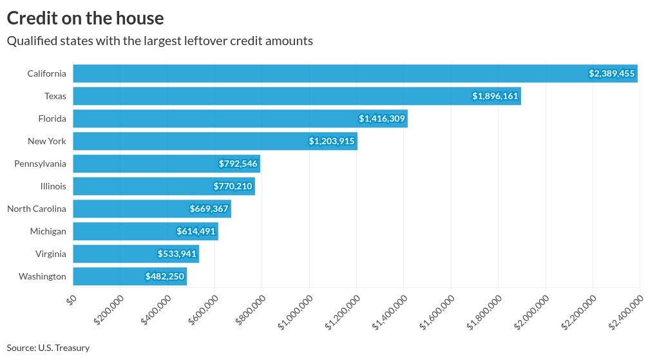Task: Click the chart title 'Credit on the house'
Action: click(85, 18)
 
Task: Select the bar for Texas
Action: click(296, 96)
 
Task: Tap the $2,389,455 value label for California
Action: click(612, 73)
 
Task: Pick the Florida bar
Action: click(240, 118)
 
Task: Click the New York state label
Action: click(47, 141)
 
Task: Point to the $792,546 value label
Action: click(238, 164)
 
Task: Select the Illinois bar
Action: click(164, 186)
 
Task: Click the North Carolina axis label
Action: click(37, 209)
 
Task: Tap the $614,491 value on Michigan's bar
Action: click(196, 231)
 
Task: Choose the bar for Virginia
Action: click(136, 254)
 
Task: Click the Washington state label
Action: click(43, 276)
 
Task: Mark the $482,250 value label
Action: click(166, 276)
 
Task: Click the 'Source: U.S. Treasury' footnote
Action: click(48, 348)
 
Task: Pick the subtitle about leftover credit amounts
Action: click(160, 41)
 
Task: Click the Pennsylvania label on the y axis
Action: click(40, 164)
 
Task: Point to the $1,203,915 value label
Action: click(332, 141)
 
